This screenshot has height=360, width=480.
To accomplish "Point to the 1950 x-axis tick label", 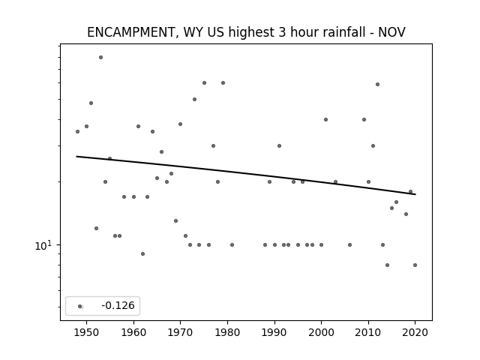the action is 87,332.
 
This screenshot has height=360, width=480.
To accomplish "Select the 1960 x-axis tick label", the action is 133,332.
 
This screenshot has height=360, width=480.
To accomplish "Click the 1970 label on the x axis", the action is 180,332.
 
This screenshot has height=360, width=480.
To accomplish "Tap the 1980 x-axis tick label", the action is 227,332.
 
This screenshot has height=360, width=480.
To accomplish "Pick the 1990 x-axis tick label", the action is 274,332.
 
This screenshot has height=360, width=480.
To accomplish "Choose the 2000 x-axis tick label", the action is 322,332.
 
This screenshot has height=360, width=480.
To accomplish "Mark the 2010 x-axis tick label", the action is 368,332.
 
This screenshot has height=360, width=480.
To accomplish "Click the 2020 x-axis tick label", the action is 415,332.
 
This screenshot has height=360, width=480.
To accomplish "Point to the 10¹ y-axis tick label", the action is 43,245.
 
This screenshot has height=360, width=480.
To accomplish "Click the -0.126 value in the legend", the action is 118,305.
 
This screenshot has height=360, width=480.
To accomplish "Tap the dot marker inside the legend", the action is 80,306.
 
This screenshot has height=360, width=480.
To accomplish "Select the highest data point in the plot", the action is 100,57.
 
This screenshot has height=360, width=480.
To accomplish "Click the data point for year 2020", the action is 415,265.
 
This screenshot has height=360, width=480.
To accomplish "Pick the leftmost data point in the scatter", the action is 77,132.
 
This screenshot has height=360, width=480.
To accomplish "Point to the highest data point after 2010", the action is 377,84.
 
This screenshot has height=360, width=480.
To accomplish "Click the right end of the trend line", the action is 415,194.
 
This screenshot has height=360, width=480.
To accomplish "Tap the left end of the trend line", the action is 76,157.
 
